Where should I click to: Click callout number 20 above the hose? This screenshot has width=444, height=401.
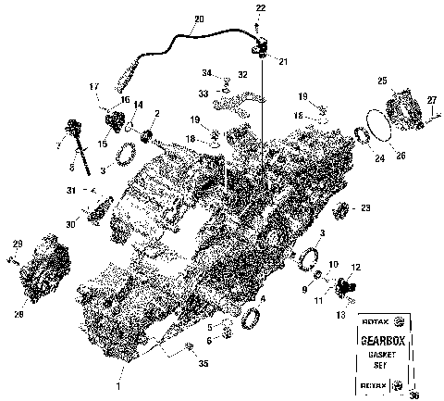pos(200,19)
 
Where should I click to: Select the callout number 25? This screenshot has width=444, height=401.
pos(382,81)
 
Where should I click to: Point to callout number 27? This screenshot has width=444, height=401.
pos(432,99)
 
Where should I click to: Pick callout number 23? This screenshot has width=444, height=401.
pos(365,208)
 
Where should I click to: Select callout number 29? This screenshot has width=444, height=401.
pos(17,244)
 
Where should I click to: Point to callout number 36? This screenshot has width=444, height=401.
pos(413,395)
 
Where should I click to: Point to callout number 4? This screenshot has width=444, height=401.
pos(265,298)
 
